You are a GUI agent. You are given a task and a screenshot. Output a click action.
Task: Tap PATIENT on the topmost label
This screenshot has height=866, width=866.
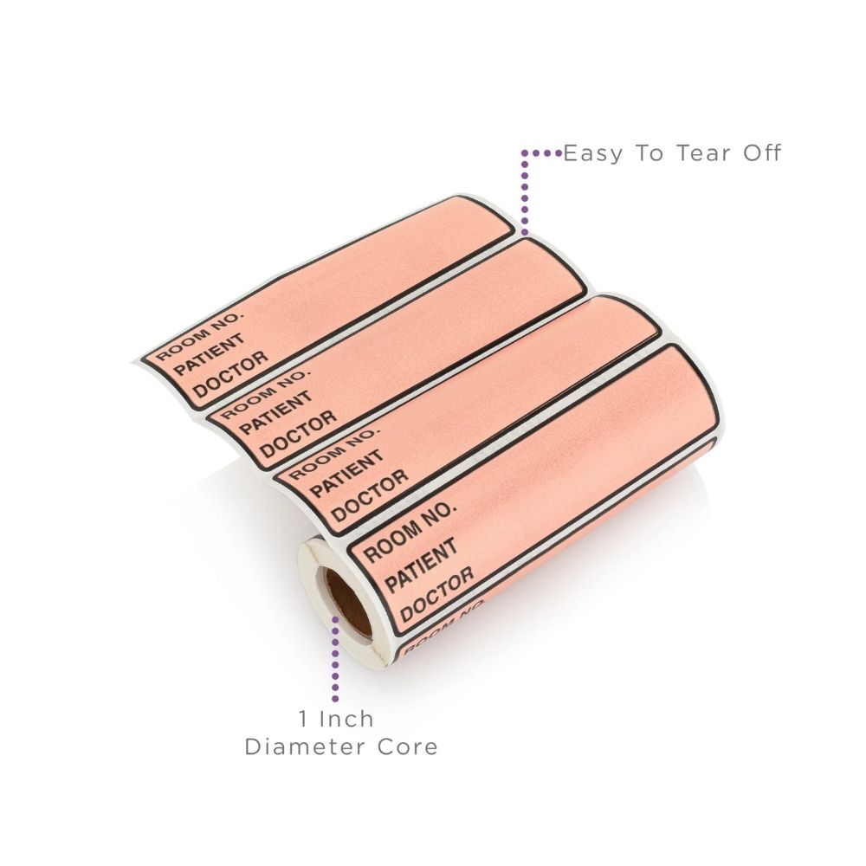click(209, 354)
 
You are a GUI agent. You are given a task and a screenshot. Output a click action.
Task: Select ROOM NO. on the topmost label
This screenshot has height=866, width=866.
click(199, 336)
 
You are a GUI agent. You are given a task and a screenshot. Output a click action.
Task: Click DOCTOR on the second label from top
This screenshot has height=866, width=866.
click(298, 434)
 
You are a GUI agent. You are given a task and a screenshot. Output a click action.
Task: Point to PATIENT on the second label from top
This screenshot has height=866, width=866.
click(276, 412)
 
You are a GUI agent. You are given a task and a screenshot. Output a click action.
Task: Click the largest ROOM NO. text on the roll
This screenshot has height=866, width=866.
click(410, 532)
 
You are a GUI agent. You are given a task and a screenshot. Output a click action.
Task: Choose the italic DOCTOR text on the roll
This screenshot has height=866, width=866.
click(436, 594)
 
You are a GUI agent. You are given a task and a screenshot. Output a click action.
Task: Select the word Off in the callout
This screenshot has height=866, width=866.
click(763, 153)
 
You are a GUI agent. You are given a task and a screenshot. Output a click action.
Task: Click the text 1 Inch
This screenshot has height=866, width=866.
click(336, 719)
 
